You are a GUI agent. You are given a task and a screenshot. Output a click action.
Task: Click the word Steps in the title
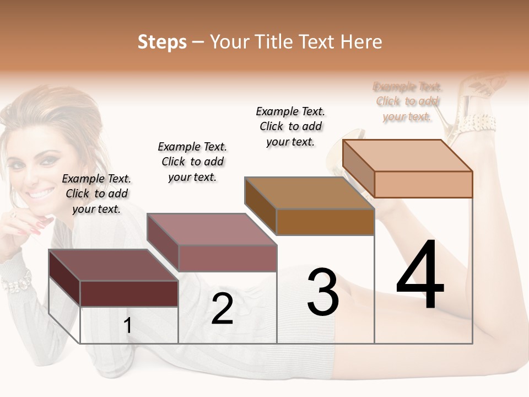161,42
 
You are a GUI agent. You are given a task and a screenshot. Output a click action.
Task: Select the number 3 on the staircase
322,292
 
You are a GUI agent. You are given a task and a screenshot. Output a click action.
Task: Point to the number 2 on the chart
222,309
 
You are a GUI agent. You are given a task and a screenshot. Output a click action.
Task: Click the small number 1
127,326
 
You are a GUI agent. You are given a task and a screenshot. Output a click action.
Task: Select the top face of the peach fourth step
408,155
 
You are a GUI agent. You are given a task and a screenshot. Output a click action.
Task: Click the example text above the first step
96,194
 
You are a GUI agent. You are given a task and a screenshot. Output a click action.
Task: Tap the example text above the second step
192,162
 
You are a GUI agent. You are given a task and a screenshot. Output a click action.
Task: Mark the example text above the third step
290,126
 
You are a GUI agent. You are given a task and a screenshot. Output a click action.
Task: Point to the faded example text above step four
407,101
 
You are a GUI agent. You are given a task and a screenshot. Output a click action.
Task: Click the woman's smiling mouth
42,194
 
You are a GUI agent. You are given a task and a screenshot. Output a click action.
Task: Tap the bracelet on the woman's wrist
15,282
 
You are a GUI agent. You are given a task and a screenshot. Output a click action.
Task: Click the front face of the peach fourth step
423,184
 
